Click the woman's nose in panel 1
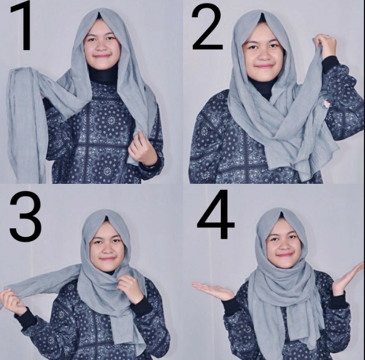pos(101,47)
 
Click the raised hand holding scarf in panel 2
pos(324,45)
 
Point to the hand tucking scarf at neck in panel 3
pos(130,286)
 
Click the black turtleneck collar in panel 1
pos(103,74)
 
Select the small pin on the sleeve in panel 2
pos(327,103)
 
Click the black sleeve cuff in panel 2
pos(330,64)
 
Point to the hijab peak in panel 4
pos(280,212)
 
